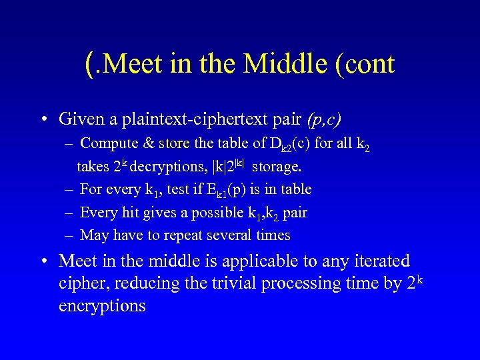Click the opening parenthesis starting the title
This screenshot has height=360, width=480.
pyautogui.click(x=89, y=64)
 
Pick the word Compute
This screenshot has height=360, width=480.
pyautogui.click(x=107, y=143)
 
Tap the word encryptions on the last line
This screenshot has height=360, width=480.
pyautogui.click(x=102, y=306)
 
